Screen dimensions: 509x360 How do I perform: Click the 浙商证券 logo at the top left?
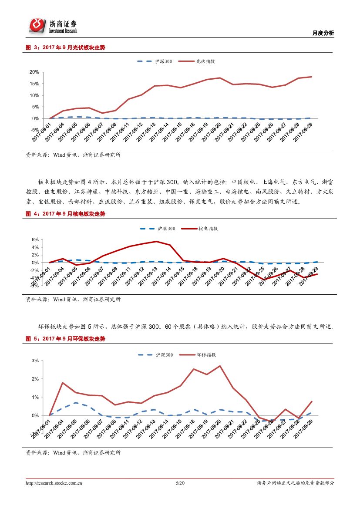pyautogui.click(x=53, y=26)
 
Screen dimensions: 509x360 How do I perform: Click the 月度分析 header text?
pyautogui.click(x=323, y=33)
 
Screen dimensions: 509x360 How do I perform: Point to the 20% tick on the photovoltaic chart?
pyautogui.click(x=34, y=72)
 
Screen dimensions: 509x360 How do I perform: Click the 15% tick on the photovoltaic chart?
pyautogui.click(x=34, y=84)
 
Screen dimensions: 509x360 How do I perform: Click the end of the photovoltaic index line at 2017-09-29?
pyautogui.click(x=311, y=77)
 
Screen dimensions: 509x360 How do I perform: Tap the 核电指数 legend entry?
pyautogui.click(x=208, y=228)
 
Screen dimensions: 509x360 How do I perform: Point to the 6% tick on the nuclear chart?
pyautogui.click(x=35, y=239)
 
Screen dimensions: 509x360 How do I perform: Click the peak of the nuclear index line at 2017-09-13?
pyautogui.click(x=156, y=241)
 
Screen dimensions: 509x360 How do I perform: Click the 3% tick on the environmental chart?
pyautogui.click(x=35, y=361)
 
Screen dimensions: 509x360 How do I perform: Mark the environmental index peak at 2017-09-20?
pyautogui.click(x=220, y=366)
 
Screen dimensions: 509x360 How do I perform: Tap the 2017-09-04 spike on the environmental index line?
pyautogui.click(x=63, y=383)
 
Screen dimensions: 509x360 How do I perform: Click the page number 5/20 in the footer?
pyautogui.click(x=180, y=483)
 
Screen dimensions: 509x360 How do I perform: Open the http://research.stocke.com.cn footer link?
pyautogui.click(x=54, y=483)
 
